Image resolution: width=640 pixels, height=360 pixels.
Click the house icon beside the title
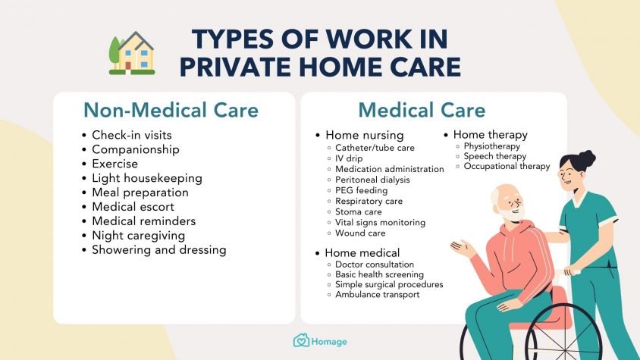pyautogui.click(x=132, y=53)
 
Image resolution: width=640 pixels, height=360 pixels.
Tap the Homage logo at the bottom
pyautogui.click(x=321, y=341)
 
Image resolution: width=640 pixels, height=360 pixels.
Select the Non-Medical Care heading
pyautogui.click(x=171, y=110)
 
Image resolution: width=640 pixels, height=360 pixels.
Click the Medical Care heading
pyautogui.click(x=422, y=110)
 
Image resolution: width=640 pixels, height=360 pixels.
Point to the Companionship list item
pyautogui.click(x=136, y=149)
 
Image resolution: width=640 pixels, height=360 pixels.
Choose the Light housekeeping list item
pyautogui.click(x=147, y=178)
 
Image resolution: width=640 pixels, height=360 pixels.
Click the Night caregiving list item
pyautogui.click(x=138, y=236)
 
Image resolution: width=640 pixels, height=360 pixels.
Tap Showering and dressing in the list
pyautogui.click(x=158, y=250)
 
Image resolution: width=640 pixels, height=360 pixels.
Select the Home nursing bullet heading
pyautogui.click(x=365, y=135)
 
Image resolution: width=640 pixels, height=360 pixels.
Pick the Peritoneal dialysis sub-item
pyautogui.click(x=372, y=180)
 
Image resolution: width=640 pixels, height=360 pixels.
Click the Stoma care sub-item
pyautogui.click(x=359, y=212)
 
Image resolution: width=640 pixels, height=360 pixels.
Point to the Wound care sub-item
pyautogui.click(x=360, y=233)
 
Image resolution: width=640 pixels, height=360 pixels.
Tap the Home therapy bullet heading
pyautogui.click(x=490, y=135)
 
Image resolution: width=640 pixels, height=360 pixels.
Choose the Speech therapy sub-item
pyautogui.click(x=494, y=156)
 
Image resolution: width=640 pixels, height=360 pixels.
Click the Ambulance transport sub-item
pyautogui.click(x=377, y=295)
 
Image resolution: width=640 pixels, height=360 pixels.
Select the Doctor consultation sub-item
pyautogui.click(x=375, y=265)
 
